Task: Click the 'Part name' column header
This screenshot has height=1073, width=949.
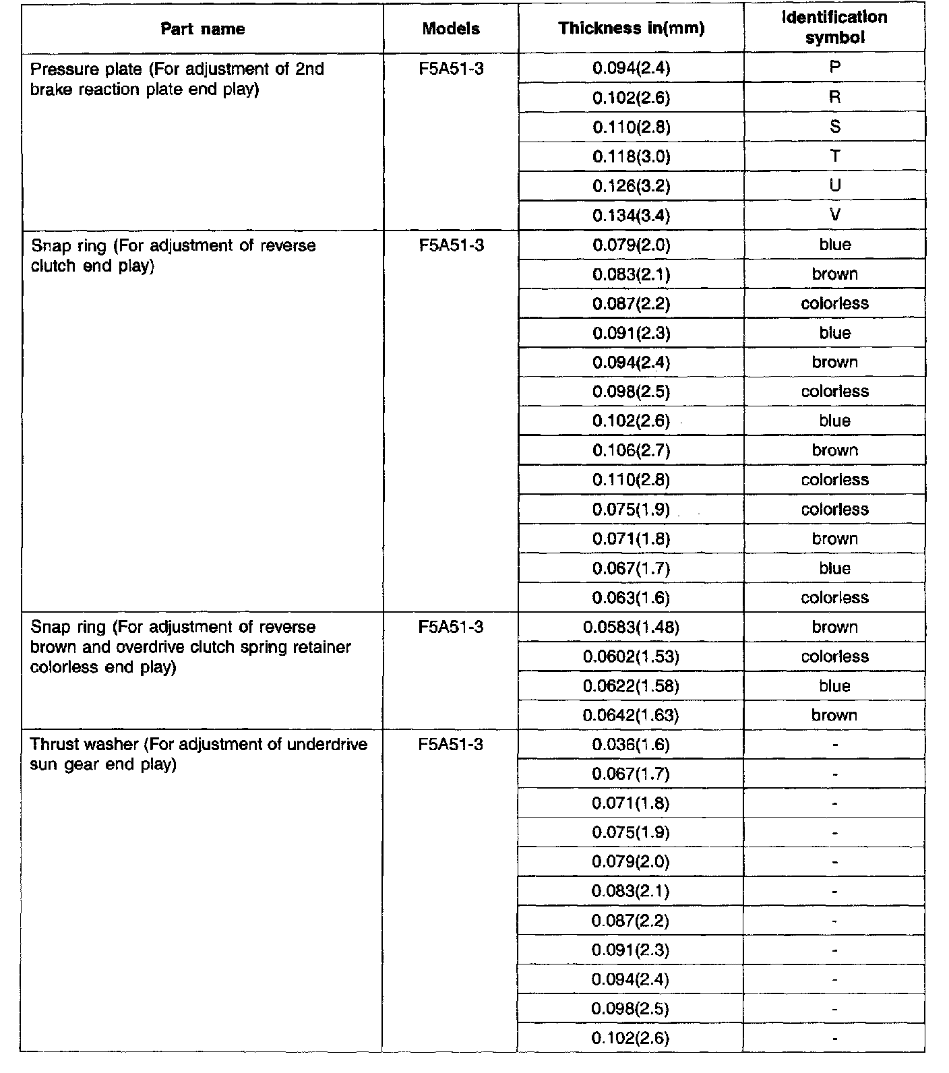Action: pos(202,29)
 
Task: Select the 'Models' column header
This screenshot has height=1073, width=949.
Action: pos(451,29)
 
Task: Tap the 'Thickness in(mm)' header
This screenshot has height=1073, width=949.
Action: pos(632,28)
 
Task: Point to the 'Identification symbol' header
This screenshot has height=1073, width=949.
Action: pos(834,28)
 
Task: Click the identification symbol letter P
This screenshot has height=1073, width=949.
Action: pos(835,67)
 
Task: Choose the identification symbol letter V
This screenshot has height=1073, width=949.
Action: pos(835,215)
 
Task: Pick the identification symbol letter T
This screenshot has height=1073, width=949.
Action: pos(835,156)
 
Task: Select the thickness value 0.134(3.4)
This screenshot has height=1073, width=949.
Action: pos(632,216)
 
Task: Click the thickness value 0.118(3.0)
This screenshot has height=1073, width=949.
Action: pos(632,157)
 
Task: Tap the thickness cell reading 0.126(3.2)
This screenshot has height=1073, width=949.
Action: pos(632,186)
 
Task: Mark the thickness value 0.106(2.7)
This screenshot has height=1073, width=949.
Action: pos(632,450)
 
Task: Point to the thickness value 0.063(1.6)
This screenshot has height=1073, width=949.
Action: pos(632,598)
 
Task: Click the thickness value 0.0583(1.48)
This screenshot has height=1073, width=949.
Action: pos(632,627)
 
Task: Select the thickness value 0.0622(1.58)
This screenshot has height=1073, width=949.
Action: pos(632,686)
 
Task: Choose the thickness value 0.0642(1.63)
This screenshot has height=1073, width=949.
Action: pos(632,715)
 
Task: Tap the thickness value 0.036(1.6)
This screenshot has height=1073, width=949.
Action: pos(632,745)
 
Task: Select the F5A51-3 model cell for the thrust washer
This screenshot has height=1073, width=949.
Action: pos(451,745)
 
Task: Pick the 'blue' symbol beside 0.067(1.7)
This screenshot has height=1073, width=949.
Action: pos(835,568)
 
